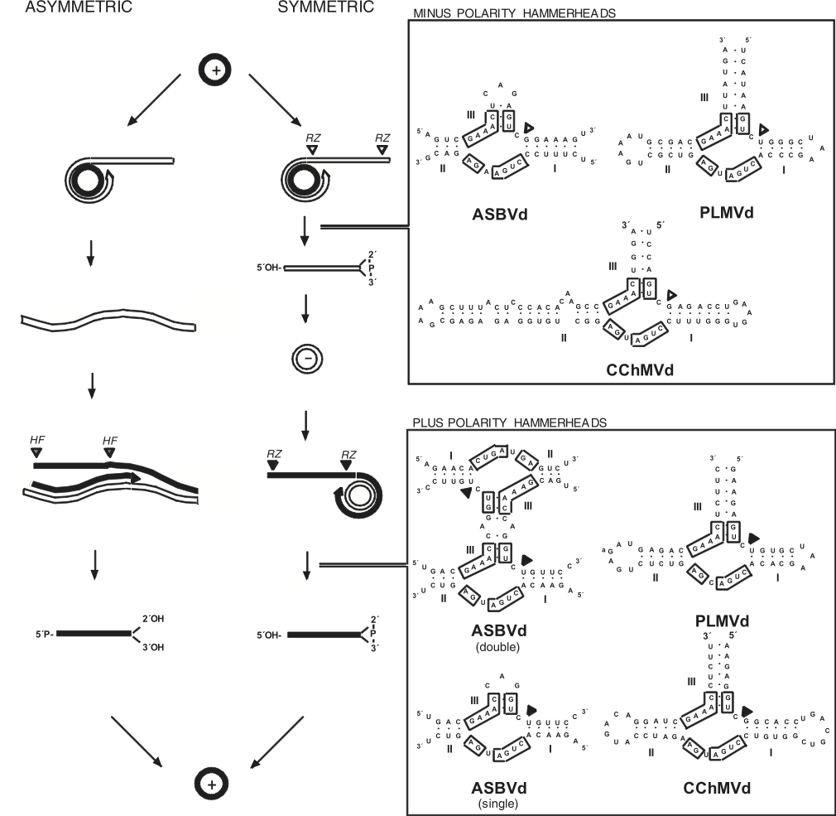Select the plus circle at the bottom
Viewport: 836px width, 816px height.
[209, 780]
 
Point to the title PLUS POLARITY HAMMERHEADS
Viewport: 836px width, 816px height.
[509, 422]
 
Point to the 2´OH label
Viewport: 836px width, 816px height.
[151, 618]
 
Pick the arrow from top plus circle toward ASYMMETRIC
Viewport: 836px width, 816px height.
[155, 99]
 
